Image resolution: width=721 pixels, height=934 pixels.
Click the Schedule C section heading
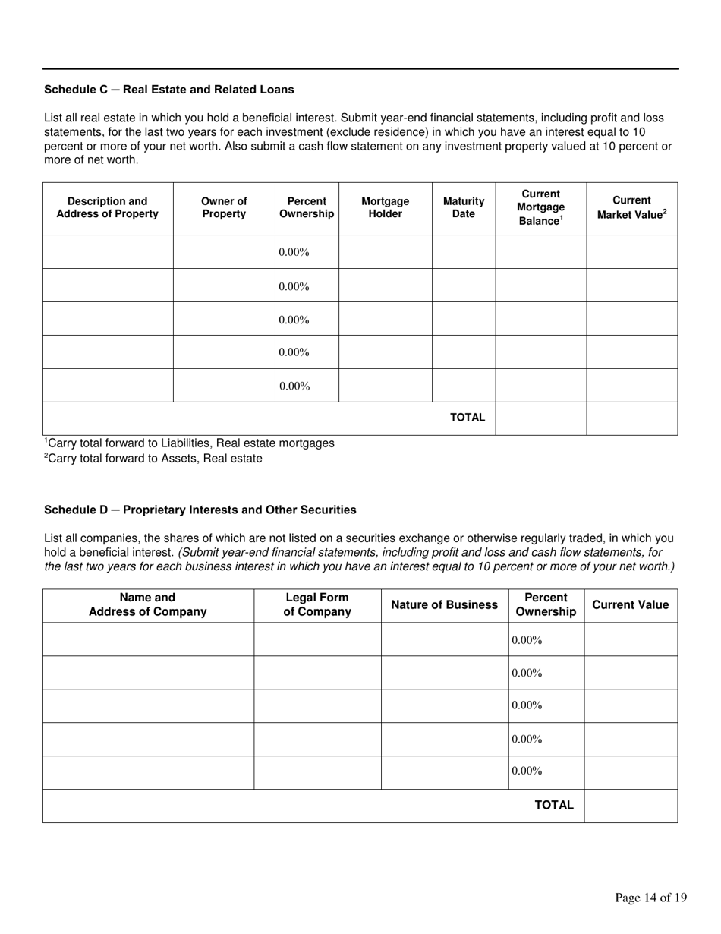(x=168, y=90)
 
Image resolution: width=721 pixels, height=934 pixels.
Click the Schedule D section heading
(x=200, y=510)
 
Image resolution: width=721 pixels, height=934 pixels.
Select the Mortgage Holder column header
(x=385, y=207)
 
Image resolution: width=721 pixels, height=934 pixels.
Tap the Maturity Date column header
(x=463, y=207)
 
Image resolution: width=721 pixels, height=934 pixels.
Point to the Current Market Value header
(x=631, y=207)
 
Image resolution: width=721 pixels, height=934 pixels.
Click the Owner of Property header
(x=224, y=207)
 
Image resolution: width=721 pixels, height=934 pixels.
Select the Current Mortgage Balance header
(x=540, y=207)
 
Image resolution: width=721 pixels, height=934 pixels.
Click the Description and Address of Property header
(x=107, y=207)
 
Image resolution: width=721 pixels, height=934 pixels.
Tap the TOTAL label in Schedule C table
(x=468, y=417)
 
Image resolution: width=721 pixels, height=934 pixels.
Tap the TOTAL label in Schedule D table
(x=555, y=806)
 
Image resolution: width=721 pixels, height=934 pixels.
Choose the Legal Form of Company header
(x=317, y=604)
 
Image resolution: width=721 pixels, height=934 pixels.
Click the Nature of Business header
(x=444, y=604)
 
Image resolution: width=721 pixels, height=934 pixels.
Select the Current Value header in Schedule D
(x=630, y=604)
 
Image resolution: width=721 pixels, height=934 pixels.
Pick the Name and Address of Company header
(x=147, y=604)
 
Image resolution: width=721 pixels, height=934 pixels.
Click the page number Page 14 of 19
(x=650, y=898)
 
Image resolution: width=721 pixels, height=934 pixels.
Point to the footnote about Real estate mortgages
(x=189, y=443)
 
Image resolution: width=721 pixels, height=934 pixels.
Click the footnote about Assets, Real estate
(x=153, y=459)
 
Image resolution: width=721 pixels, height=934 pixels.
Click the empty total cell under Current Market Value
(x=631, y=418)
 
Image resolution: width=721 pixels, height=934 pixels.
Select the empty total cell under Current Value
(x=630, y=806)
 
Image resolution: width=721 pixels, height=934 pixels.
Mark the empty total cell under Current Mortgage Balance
(x=540, y=418)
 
